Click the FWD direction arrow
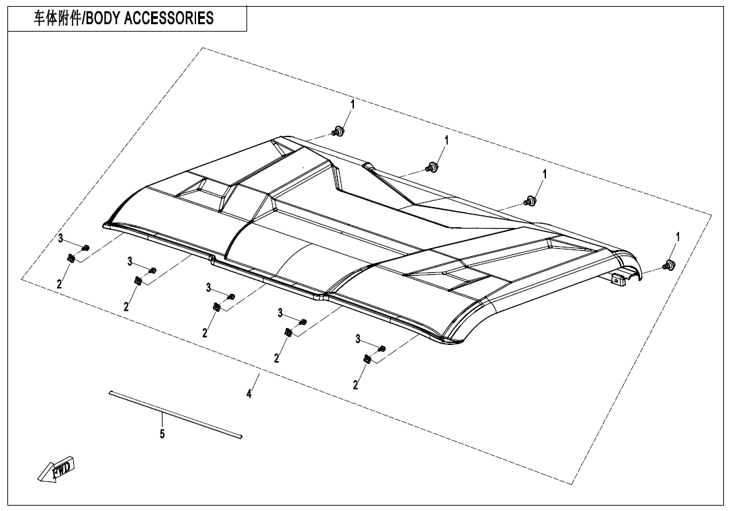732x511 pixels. coord(58,468)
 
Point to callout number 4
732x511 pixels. coord(248,395)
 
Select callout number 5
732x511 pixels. coord(162,434)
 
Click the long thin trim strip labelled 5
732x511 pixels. coord(175,414)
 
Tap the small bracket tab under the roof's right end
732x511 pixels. coord(621,280)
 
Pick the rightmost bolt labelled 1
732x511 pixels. coord(668,265)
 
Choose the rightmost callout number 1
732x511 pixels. coord(678,237)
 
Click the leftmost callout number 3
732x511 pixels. coord(60,239)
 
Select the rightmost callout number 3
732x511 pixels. coord(358,339)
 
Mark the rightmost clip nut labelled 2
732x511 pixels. coord(367,360)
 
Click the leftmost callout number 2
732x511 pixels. coord(59,284)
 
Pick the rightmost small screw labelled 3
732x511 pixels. coord(382,348)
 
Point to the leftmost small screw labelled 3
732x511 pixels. coord(85,249)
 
